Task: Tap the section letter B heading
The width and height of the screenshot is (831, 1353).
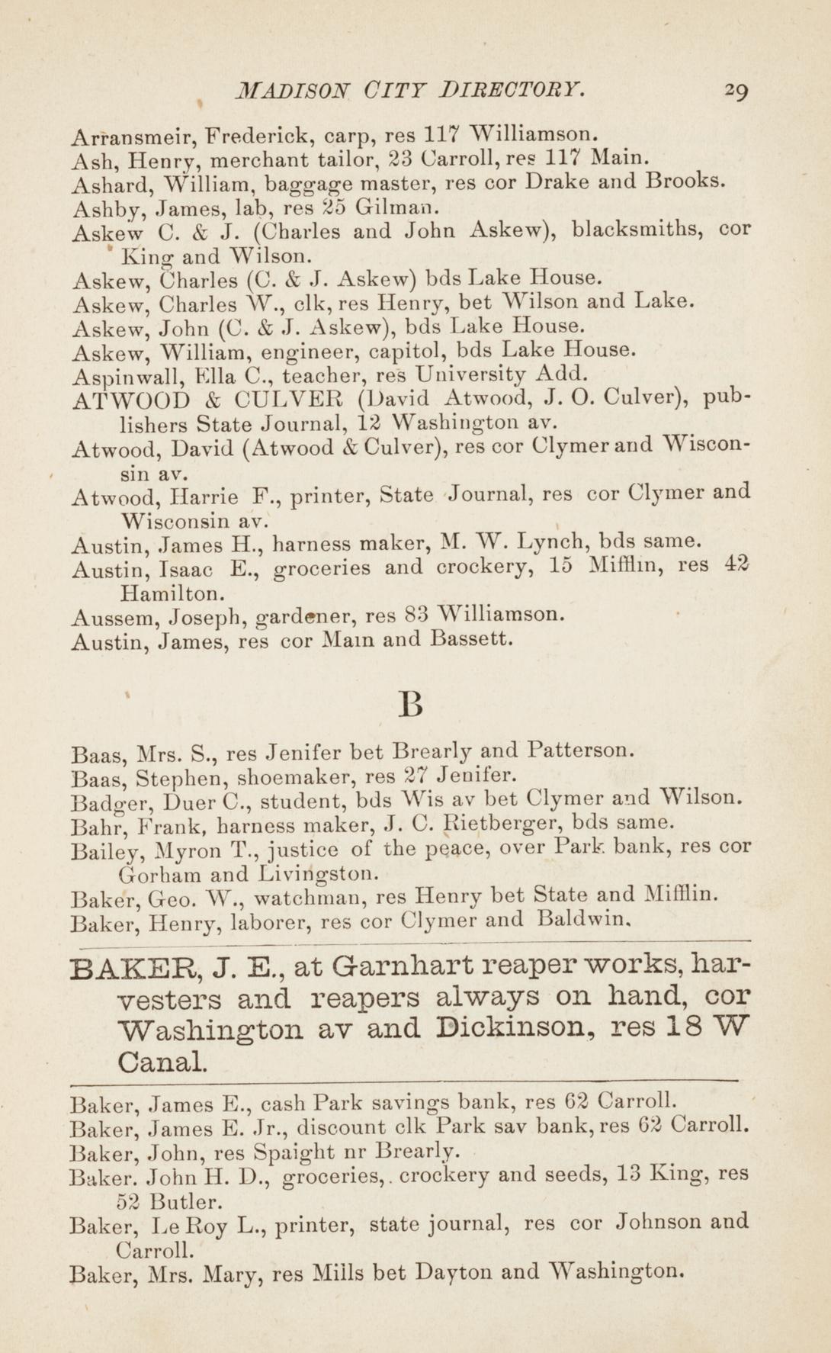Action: [x=411, y=705]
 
